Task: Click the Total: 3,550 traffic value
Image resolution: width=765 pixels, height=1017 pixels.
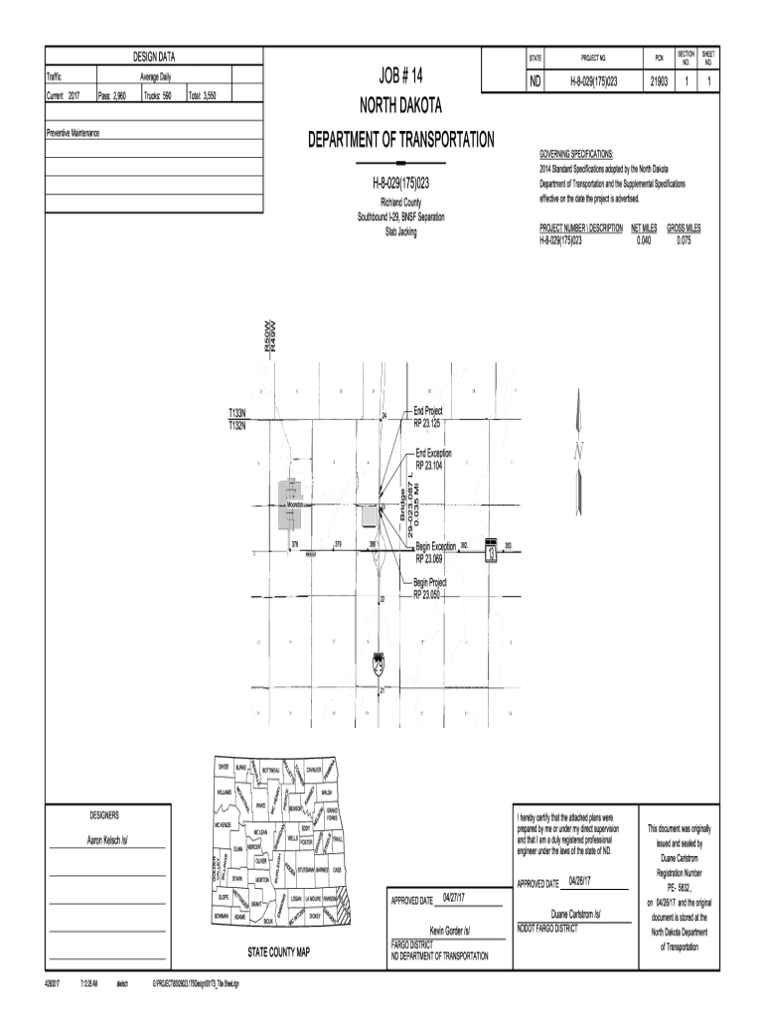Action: pos(209,96)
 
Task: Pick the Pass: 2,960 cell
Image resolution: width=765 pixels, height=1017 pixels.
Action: pos(112,96)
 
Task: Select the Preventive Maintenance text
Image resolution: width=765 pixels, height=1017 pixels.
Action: pos(73,133)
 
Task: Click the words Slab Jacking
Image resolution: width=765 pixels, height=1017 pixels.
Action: pos(401,232)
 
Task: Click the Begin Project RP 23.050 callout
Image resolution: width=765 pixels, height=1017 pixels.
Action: pos(430,588)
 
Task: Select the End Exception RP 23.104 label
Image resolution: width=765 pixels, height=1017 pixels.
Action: pos(432,459)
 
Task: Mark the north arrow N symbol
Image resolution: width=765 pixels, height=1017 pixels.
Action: pos(577,453)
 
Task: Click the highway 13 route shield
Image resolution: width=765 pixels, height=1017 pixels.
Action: pos(490,552)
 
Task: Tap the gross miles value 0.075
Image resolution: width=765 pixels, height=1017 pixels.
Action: pos(684,239)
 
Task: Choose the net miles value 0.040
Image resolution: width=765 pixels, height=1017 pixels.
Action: pos(644,239)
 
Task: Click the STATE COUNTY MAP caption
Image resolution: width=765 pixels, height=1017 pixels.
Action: pos(278,952)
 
